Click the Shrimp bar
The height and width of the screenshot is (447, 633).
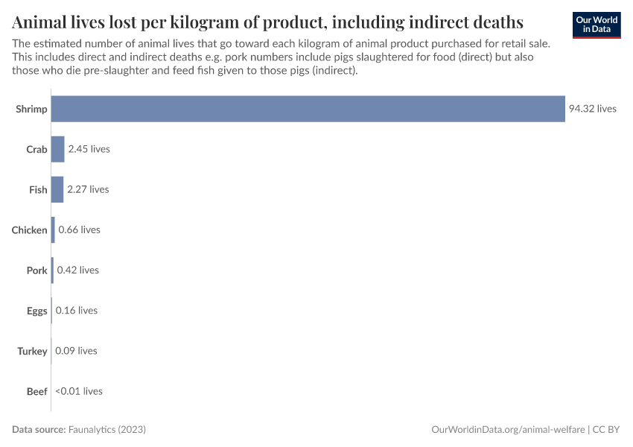(x=308, y=109)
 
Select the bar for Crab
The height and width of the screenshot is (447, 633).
(x=57, y=149)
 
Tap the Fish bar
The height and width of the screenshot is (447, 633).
(x=57, y=189)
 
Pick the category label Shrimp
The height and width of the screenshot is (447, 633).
(x=31, y=109)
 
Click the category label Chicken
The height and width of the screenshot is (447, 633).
(x=29, y=230)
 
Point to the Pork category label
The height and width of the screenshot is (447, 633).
(x=36, y=270)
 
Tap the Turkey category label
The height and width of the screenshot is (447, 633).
(x=32, y=351)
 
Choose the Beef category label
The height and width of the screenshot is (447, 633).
(x=36, y=391)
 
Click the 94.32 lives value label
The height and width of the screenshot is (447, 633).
(x=592, y=109)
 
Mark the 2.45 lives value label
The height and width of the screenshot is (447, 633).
(x=89, y=149)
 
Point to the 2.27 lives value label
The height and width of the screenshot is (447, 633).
(x=88, y=189)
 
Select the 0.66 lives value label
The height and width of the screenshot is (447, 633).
(x=79, y=230)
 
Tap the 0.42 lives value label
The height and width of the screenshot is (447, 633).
(x=77, y=270)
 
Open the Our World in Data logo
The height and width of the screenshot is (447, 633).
(x=596, y=25)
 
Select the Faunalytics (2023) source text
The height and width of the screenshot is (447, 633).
(x=106, y=430)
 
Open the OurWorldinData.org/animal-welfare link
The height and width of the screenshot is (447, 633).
(x=508, y=430)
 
